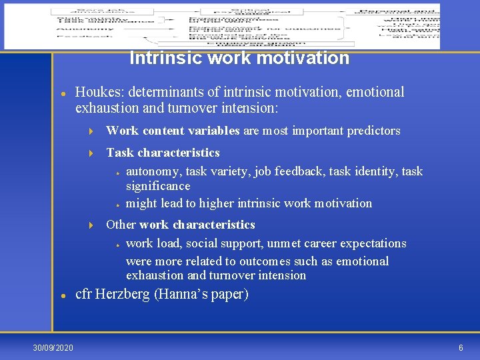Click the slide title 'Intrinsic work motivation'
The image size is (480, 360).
[x=239, y=58]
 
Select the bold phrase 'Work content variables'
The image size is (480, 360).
[x=173, y=131]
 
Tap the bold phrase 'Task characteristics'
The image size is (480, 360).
[x=163, y=153]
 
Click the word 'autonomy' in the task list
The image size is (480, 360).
[x=153, y=171]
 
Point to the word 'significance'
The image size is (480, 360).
[x=158, y=186]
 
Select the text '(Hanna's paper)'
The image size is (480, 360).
[x=201, y=294]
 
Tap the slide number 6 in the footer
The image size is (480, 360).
[x=461, y=348]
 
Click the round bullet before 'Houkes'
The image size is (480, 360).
[x=62, y=93]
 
